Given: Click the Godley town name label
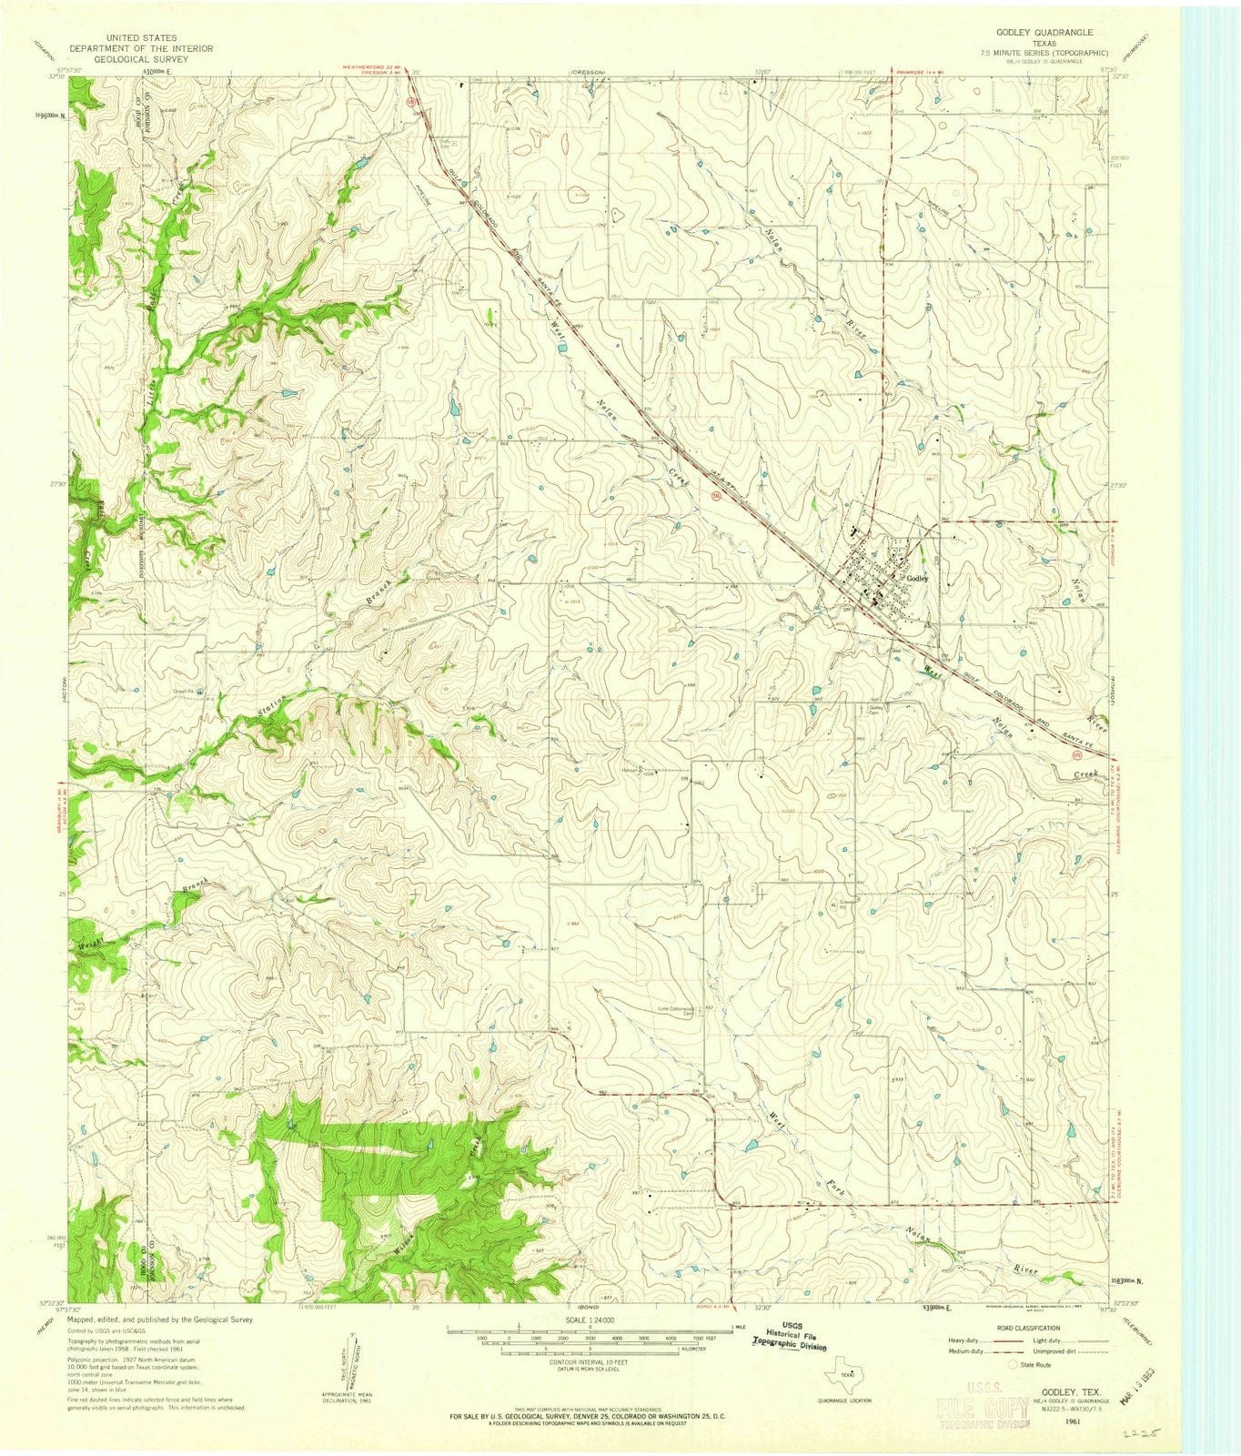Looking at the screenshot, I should [x=916, y=580].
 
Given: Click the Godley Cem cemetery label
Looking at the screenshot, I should [x=877, y=709].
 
